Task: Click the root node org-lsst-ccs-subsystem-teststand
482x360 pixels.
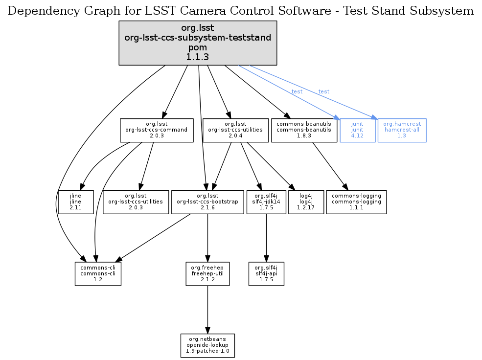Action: click(x=198, y=43)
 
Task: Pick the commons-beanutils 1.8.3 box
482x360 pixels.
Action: click(x=304, y=131)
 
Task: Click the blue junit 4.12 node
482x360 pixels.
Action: click(x=357, y=131)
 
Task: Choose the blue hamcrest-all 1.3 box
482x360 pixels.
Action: click(x=402, y=131)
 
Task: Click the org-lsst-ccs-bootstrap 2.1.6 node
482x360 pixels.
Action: click(x=208, y=202)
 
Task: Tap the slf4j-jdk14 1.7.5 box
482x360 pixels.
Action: click(x=266, y=202)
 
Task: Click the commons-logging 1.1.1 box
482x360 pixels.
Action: click(x=356, y=202)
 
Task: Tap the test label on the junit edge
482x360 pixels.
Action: click(x=297, y=92)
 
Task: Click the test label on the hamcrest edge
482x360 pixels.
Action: click(x=323, y=92)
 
